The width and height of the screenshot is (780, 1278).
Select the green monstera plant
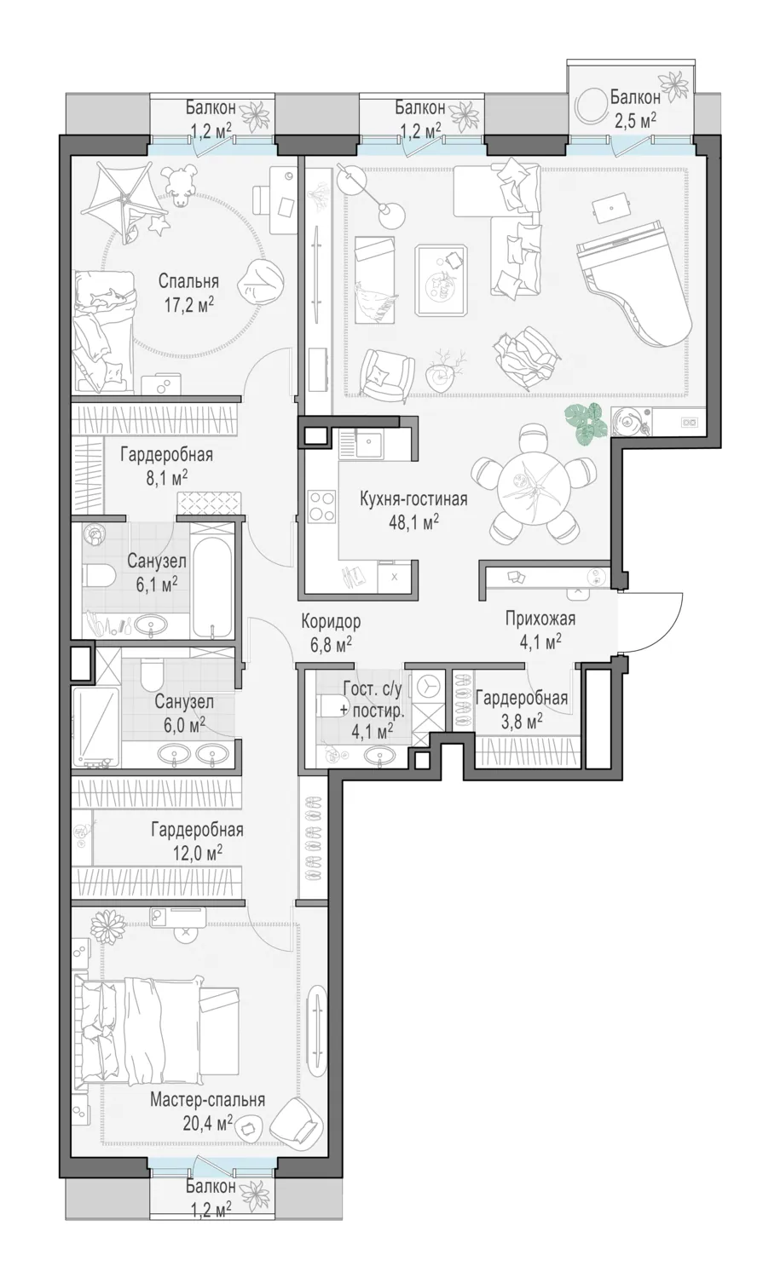pyautogui.click(x=585, y=423)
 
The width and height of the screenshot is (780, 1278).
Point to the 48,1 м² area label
pyautogui.click(x=413, y=521)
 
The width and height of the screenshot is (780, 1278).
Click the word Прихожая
pyautogui.click(x=540, y=619)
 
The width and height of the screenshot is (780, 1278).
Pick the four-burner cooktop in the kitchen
pyautogui.click(x=321, y=507)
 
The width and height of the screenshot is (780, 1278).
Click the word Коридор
pyautogui.click(x=332, y=620)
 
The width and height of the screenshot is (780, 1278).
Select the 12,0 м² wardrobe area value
pyautogui.click(x=197, y=853)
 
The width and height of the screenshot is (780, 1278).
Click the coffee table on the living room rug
pyautogui.click(x=441, y=279)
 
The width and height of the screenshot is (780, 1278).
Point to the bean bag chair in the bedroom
pyautogui.click(x=256, y=285)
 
